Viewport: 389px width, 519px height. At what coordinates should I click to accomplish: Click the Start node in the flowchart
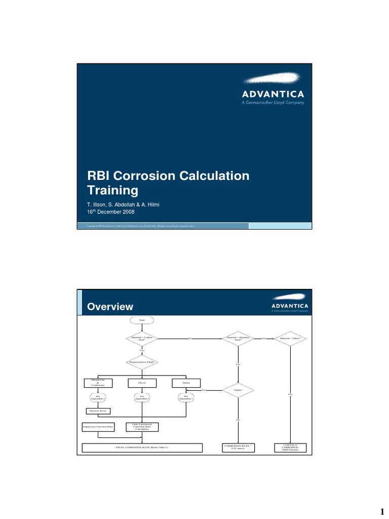(x=142, y=320)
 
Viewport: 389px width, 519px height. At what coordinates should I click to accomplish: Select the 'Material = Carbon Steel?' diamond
(x=142, y=339)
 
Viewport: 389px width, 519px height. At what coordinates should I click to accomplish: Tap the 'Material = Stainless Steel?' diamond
(x=238, y=339)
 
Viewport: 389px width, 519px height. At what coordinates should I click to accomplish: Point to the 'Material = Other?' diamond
(x=290, y=339)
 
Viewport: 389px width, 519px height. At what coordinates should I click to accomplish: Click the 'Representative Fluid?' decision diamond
(x=142, y=362)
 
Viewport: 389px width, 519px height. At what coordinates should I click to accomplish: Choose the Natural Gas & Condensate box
(x=98, y=383)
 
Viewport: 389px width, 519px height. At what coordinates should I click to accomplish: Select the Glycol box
(x=142, y=383)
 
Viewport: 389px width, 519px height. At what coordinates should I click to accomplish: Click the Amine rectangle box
(x=186, y=383)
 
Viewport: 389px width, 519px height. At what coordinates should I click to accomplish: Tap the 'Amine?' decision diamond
(x=238, y=390)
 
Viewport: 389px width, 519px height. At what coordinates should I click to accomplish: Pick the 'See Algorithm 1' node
(x=98, y=398)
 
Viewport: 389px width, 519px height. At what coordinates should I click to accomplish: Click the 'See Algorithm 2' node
(x=142, y=398)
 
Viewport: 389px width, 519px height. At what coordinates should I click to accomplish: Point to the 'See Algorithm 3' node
(x=186, y=398)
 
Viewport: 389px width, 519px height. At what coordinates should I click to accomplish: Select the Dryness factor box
(x=98, y=411)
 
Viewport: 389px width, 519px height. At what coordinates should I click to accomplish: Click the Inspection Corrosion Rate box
(x=98, y=427)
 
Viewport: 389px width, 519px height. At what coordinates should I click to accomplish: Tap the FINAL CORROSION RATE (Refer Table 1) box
(x=142, y=448)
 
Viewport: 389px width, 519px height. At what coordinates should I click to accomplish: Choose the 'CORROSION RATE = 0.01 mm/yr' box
(x=238, y=448)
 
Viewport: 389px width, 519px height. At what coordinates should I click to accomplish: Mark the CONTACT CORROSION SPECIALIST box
(x=290, y=448)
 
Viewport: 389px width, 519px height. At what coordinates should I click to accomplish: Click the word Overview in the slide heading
(x=110, y=307)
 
